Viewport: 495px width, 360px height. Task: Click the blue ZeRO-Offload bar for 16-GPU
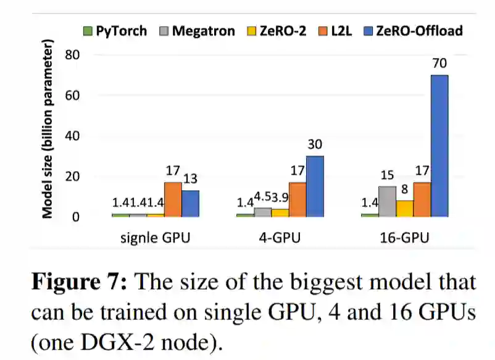coord(439,146)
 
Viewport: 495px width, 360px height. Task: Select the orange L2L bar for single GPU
coord(173,199)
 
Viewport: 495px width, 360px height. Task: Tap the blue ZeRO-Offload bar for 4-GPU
coord(315,186)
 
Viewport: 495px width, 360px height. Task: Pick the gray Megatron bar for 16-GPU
coord(387,201)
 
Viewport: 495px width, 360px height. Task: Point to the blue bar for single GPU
coord(190,203)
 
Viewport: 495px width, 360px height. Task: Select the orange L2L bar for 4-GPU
coord(297,199)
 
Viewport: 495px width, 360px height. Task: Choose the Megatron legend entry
coord(197,30)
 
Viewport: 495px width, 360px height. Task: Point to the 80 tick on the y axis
coord(74,55)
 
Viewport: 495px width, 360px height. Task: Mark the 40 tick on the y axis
coord(74,136)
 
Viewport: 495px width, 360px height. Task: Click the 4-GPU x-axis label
coord(280,238)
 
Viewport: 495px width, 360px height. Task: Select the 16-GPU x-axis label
coord(404,238)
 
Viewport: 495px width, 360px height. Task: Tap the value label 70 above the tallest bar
coord(439,64)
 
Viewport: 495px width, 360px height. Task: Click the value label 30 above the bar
coord(315,145)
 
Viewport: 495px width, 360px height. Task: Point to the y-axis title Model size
coord(47,130)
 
